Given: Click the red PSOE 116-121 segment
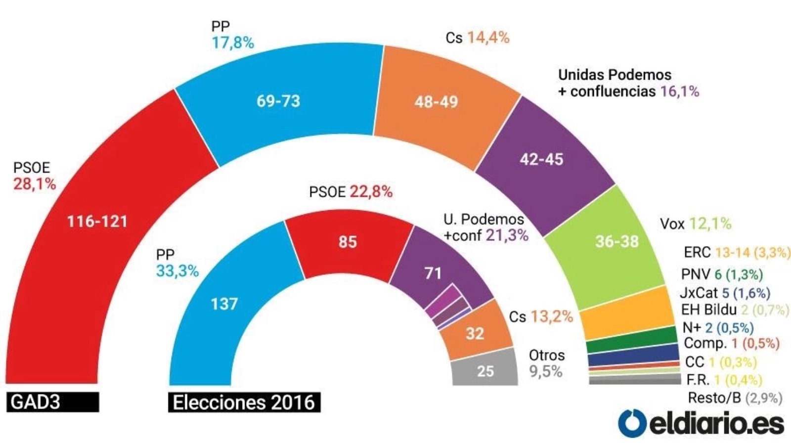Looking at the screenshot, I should pos(97,221).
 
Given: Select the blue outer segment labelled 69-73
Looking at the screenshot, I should pos(278,101).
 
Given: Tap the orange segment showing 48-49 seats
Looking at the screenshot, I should pos(436,102).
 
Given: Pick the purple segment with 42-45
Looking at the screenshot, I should pos(541,159).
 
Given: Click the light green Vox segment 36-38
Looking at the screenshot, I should pos(616,241).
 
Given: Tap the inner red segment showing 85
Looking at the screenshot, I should pos(348,242).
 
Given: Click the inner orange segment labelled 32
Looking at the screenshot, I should pos(475,333).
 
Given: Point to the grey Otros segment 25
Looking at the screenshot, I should pos(485,371).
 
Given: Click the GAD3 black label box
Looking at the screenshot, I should pos(52,402).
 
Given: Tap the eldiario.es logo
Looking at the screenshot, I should pos(701,424).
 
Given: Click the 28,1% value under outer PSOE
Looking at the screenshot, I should pos(35,184).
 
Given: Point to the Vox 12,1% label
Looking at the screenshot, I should pos(696,223).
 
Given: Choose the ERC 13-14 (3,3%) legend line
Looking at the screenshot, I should pos(737,252).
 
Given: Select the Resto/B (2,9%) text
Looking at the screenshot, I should pos(735,398).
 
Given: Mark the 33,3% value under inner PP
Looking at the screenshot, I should pos(177,271).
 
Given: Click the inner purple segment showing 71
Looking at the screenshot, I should pos(433,273).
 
